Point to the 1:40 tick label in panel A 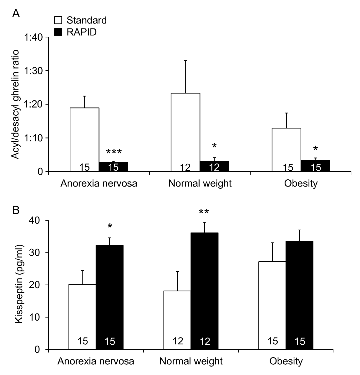coord(33,37)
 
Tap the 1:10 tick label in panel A coord(33,138)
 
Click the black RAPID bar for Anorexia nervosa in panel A coord(113,167)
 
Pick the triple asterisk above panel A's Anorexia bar coord(114,152)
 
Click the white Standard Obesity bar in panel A coord(286,150)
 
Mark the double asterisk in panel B coord(204,212)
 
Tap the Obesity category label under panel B coord(286,362)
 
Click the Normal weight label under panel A coord(200,183)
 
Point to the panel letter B coord(16,210)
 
